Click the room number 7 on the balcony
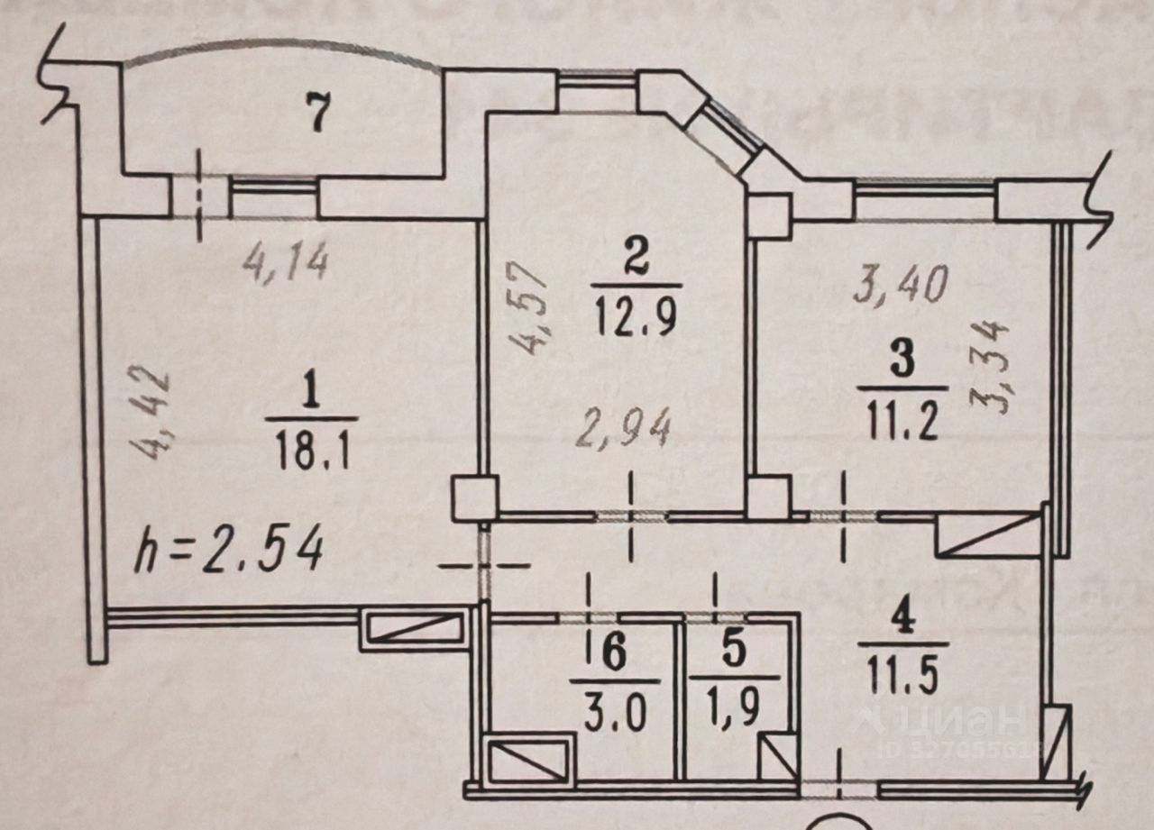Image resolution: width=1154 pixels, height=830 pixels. point(316,115)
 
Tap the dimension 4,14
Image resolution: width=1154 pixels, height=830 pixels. point(286,263)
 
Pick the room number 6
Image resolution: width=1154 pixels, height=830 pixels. point(613,656)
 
